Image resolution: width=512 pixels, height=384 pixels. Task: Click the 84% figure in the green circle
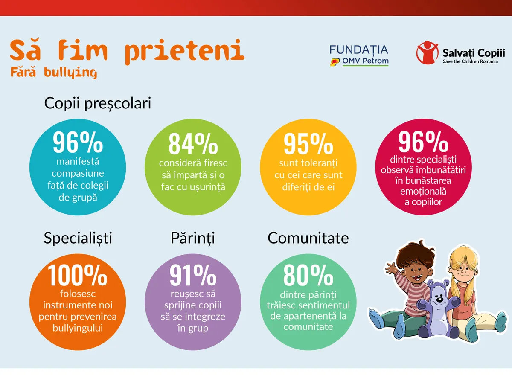pos(193,144)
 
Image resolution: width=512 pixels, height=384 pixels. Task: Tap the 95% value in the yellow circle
pos(308,144)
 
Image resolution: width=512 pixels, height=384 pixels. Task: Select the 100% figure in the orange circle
pos(77,275)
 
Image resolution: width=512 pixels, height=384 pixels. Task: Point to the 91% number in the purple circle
pos(193,275)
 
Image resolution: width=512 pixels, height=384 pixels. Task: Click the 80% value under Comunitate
pos(308,275)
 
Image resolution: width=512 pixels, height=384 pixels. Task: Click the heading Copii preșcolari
pos(98,104)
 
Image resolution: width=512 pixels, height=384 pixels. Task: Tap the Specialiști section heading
pos(78,238)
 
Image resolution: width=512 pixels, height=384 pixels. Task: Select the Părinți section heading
pos(192,238)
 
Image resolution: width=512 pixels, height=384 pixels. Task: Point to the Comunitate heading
pos(308,238)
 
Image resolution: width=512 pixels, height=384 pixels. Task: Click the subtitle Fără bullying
pos(54,72)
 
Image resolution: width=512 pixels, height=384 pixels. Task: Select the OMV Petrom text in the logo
pos(365,61)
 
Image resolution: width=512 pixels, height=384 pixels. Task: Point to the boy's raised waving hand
pos(390,268)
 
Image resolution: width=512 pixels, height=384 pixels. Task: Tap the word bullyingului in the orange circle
pos(78,328)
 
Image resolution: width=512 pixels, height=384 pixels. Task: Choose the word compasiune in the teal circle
pos(78,173)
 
